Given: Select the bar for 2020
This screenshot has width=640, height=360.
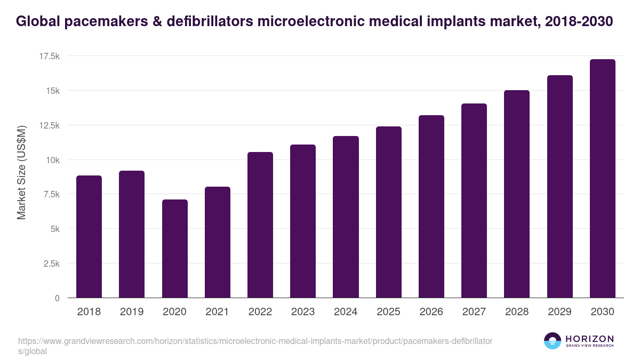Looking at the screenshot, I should [x=174, y=249].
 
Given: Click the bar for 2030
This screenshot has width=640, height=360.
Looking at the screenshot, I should [x=602, y=179].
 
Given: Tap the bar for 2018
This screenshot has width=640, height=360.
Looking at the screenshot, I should [x=89, y=237].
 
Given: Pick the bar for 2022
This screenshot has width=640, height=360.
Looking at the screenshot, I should [x=260, y=225].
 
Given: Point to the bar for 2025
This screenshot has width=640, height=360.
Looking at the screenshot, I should [x=388, y=212].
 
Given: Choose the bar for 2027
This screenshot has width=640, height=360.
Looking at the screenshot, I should [x=474, y=201].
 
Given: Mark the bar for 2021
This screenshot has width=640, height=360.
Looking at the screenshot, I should [x=218, y=242].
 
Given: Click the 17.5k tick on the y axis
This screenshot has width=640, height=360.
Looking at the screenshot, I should [x=49, y=57].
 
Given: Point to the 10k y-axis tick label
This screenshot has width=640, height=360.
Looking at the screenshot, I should [x=52, y=160].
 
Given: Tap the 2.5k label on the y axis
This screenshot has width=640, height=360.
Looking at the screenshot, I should [x=51, y=264].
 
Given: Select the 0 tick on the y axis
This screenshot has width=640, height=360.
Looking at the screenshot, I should [x=57, y=298].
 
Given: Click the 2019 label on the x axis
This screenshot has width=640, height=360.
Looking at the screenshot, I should [x=132, y=312].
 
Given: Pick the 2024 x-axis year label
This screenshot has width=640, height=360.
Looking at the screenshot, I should [x=346, y=312].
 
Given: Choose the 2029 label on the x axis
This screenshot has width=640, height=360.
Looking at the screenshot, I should [x=559, y=312].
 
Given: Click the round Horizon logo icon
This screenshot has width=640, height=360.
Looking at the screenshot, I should [x=552, y=341].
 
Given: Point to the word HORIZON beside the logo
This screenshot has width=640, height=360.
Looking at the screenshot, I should [x=589, y=339].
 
